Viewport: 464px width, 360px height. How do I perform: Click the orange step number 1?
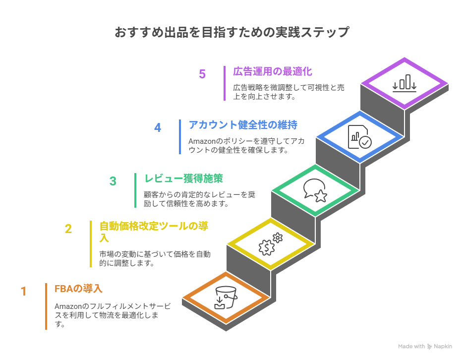[24, 291]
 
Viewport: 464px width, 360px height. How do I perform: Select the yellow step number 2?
[68, 229]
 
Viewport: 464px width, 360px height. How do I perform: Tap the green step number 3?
[113, 181]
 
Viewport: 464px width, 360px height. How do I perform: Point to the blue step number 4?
[158, 127]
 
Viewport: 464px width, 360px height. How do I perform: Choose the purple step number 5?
[202, 74]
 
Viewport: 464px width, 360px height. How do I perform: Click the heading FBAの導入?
[78, 289]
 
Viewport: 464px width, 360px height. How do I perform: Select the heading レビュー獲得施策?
[183, 179]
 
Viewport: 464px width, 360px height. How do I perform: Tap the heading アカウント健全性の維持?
[243, 125]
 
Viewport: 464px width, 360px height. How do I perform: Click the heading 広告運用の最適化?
[273, 71]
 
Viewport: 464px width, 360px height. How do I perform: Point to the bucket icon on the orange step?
[226, 298]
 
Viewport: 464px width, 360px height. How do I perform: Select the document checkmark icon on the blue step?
[359, 137]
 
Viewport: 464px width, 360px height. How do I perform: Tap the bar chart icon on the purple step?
[404, 83]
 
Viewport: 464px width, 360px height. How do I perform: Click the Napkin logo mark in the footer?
[429, 347]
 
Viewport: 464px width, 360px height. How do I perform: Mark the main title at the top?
[232, 32]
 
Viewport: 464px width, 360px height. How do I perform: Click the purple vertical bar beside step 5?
[225, 83]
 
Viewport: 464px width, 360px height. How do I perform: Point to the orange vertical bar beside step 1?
[46, 306]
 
